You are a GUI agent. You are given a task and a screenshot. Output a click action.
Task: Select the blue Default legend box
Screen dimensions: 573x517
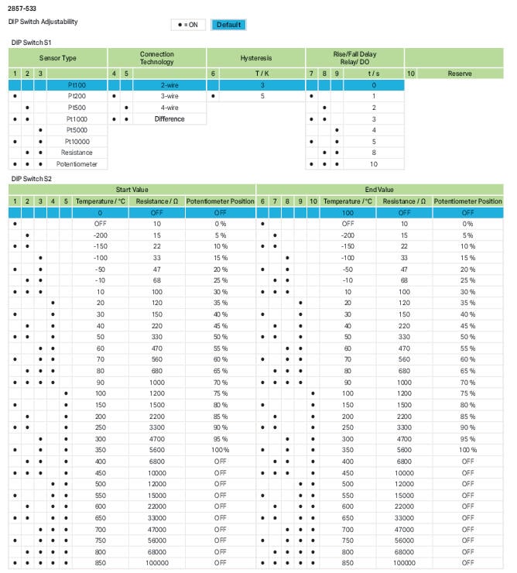(x=228, y=25)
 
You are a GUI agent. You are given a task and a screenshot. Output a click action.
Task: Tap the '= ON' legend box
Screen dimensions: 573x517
(x=187, y=25)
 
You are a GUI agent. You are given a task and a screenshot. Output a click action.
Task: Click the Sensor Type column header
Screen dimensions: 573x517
(x=58, y=58)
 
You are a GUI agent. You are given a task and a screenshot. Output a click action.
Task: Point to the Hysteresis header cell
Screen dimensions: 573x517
(x=256, y=58)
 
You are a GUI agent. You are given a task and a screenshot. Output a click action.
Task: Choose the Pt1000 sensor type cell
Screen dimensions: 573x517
(x=77, y=119)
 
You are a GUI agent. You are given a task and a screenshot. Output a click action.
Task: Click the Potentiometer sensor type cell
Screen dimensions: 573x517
(x=77, y=164)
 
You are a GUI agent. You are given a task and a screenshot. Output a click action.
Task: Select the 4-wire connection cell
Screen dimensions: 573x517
(x=169, y=108)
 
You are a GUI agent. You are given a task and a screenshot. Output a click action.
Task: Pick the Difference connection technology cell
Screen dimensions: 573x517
(x=169, y=119)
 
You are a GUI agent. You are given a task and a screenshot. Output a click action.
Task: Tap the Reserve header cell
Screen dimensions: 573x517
(x=460, y=74)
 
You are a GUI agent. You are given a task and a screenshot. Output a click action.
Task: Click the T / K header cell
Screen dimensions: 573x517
(x=262, y=74)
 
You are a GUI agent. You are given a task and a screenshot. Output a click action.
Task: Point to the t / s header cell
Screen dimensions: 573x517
(x=373, y=74)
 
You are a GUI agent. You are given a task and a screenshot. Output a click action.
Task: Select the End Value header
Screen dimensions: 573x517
(x=379, y=190)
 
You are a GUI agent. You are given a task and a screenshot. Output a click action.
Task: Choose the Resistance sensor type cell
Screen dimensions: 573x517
(x=77, y=153)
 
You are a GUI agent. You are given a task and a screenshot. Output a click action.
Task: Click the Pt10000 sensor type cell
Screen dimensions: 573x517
(x=77, y=142)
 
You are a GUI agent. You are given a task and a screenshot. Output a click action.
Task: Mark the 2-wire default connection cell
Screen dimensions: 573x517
(x=169, y=85)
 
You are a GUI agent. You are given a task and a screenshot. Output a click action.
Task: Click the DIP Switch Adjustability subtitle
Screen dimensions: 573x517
(x=43, y=21)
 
